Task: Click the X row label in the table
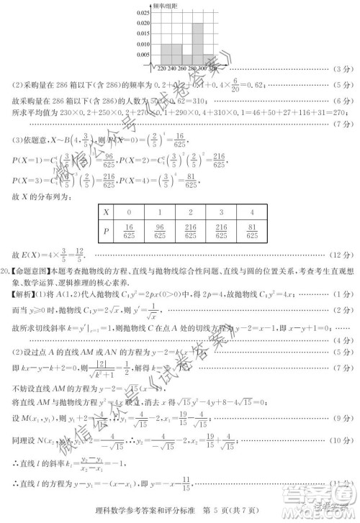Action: (107, 213)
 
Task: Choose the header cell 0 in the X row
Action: (128, 213)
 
